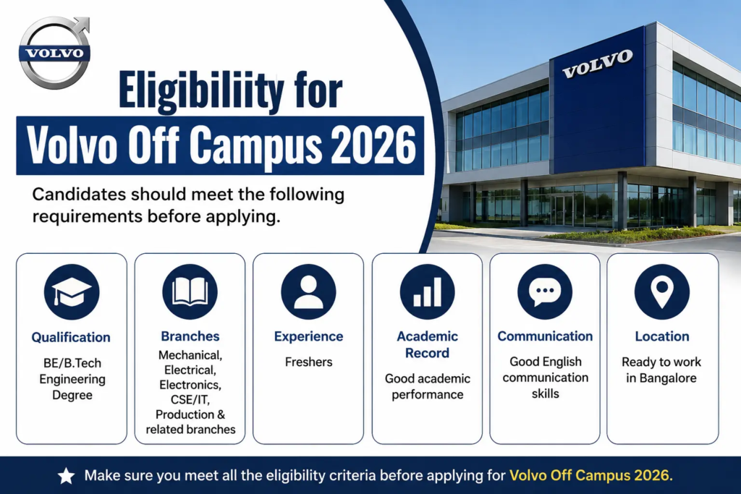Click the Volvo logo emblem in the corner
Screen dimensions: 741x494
[54, 53]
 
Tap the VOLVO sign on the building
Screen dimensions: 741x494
[597, 63]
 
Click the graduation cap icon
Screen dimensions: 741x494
[72, 292]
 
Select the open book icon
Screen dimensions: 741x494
[190, 292]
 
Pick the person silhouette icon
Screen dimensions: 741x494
[308, 292]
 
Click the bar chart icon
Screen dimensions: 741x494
[427, 292]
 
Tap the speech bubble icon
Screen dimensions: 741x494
[545, 292]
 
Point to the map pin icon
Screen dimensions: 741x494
[662, 292]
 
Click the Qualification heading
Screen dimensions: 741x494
[71, 338]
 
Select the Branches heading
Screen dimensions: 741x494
[190, 336]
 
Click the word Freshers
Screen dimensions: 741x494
[308, 362]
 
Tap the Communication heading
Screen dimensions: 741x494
[545, 336]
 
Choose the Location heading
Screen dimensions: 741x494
[662, 336]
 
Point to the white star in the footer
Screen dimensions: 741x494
[66, 476]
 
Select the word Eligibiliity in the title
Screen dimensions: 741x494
[202, 90]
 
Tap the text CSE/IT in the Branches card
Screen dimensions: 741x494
[190, 400]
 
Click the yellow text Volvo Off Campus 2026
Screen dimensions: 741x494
[590, 475]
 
